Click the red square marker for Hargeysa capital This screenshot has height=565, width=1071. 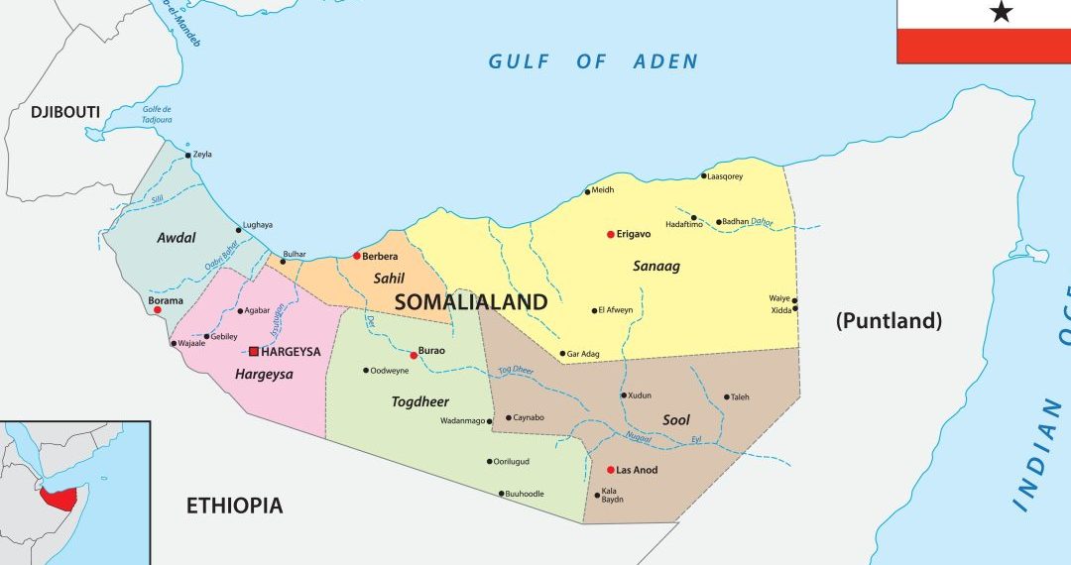point(254,351)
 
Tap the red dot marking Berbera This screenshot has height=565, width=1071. point(357,256)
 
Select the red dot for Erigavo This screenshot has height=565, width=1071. point(611,235)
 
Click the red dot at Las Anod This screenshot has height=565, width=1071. point(610,470)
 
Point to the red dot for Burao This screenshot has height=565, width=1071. point(414,355)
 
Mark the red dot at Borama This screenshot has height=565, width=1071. point(157,310)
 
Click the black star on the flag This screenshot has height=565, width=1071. point(1002,12)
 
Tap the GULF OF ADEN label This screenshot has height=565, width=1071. point(593,61)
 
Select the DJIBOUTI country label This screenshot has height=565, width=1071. point(65,112)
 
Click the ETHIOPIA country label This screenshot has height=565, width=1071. point(234,506)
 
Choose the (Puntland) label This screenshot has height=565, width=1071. point(888,320)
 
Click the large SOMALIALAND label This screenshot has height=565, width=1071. point(471,302)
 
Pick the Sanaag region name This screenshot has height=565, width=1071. point(656,266)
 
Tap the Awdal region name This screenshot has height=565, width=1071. point(177,238)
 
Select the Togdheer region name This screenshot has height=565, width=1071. point(419,401)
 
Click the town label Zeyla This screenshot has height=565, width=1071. point(202,155)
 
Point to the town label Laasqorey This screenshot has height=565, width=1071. point(725,176)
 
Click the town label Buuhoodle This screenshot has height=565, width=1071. point(525,493)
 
